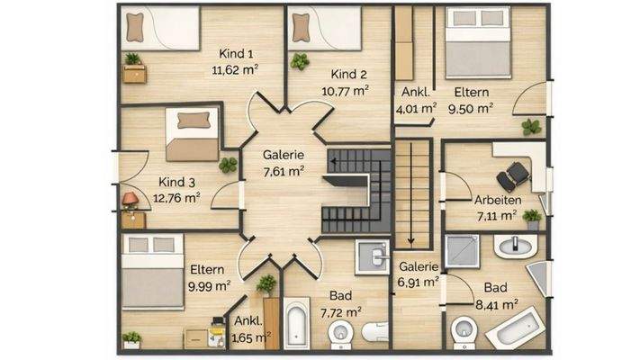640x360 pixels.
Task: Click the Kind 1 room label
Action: [236, 53]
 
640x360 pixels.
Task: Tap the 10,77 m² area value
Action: [345, 91]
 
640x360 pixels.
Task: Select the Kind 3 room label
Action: [176, 182]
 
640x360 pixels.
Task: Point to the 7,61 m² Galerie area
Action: [284, 171]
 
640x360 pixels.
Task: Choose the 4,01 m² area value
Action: [416, 109]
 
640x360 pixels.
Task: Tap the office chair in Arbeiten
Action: [513, 176]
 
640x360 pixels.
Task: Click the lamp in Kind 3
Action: [131, 200]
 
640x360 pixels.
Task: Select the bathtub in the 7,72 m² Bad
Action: [296, 323]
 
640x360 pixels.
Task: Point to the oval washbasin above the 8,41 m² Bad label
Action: [515, 246]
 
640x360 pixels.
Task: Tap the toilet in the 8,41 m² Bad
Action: [464, 330]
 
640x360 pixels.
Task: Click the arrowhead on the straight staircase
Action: [411, 241]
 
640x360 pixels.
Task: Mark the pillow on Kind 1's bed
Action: [135, 27]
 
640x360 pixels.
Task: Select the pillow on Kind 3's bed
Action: [194, 121]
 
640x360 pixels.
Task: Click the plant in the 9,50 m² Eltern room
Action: [531, 127]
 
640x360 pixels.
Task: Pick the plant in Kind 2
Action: [300, 61]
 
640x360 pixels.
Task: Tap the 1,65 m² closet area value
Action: [251, 337]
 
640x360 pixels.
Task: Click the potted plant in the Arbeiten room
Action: [533, 220]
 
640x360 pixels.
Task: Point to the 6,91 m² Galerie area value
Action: [419, 282]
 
